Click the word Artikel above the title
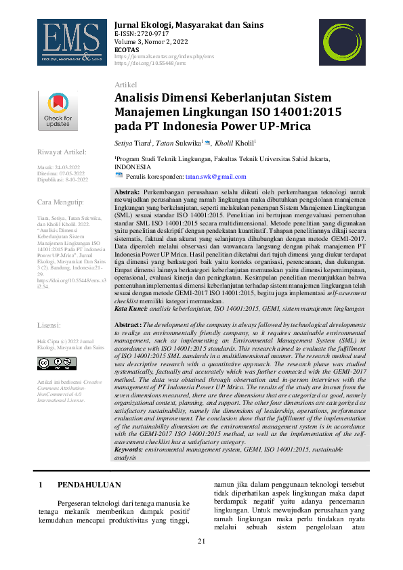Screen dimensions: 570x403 click(x=126, y=84)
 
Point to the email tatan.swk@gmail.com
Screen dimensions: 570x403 click(x=201, y=176)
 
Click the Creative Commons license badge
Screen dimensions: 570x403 click(x=58, y=364)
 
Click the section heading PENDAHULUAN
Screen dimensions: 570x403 click(x=89, y=485)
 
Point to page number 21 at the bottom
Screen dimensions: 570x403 click(x=201, y=542)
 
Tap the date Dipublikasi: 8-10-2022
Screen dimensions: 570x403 click(x=62, y=179)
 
